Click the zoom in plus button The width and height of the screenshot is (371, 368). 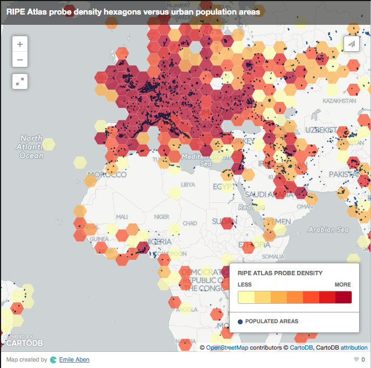(20, 44)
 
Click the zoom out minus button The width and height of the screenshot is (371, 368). (20, 59)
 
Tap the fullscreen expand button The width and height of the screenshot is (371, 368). (20, 81)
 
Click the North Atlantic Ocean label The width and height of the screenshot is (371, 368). (31, 147)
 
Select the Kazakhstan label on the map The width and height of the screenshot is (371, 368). (340, 101)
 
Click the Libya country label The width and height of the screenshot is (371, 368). (188, 185)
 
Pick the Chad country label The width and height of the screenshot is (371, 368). (190, 223)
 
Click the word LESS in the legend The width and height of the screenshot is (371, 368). (244, 284)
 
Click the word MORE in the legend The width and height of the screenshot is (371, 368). (342, 284)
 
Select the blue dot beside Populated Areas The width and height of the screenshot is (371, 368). (241, 322)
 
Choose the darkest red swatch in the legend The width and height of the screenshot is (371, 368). (343, 297)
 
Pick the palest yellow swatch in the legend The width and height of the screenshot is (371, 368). (246, 297)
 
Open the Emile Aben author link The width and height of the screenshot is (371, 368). (74, 359)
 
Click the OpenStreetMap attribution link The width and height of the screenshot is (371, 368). (227, 347)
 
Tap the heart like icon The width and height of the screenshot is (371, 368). (356, 359)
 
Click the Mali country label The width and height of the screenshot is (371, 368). (122, 216)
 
